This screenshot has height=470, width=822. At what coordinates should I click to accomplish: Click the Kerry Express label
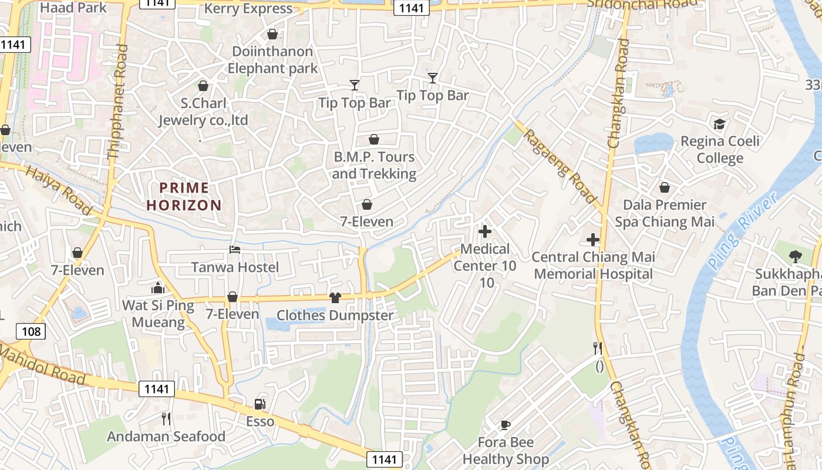[x=248, y=9]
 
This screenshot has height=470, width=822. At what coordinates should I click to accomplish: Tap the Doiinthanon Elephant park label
[x=272, y=60]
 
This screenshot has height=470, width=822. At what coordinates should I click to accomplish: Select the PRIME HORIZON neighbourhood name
[x=184, y=196]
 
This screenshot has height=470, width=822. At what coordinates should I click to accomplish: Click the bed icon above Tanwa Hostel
[x=234, y=250]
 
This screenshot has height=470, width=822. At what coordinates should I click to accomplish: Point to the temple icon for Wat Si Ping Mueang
[x=157, y=288]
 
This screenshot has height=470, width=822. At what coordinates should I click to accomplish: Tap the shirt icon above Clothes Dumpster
[x=335, y=298]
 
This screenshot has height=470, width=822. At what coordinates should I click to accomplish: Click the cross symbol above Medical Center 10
[x=485, y=231]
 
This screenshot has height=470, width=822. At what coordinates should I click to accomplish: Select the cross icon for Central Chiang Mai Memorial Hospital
[x=593, y=240]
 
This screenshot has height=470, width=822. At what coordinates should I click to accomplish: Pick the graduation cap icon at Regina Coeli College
[x=719, y=124]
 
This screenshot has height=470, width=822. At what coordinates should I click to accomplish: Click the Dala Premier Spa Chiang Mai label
[x=665, y=213]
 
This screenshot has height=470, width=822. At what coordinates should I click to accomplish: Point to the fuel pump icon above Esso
[x=260, y=404]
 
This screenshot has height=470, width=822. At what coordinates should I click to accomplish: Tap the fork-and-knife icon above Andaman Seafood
[x=166, y=419]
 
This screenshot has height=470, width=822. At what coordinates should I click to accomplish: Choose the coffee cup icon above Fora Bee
[x=505, y=425]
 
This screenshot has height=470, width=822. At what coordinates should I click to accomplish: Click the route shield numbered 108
[x=31, y=332]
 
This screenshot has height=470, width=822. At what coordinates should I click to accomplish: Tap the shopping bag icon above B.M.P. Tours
[x=374, y=140]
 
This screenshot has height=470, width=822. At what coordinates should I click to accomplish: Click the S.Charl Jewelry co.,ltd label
[x=203, y=112]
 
